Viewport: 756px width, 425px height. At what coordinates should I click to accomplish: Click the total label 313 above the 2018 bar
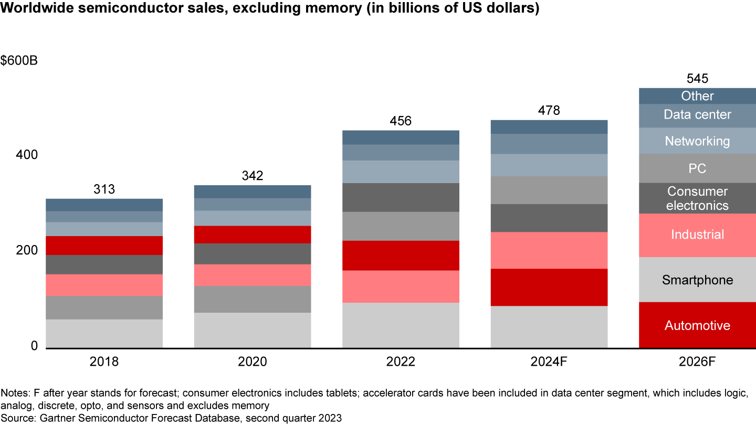point(104,189)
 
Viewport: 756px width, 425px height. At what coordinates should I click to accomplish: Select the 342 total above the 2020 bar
point(253,176)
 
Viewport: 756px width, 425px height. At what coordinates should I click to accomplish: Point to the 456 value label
point(401,121)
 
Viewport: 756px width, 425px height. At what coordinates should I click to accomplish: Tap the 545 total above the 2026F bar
point(697,79)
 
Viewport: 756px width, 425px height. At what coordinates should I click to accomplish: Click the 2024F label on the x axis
point(549,362)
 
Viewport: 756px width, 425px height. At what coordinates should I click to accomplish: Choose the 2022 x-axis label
point(401,362)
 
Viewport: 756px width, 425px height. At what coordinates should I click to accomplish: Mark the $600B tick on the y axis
point(19,60)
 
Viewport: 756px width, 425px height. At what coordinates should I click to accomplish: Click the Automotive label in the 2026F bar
point(697,325)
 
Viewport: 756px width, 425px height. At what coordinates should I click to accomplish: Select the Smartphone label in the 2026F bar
point(697,280)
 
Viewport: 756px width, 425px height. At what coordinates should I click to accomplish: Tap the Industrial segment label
point(697,235)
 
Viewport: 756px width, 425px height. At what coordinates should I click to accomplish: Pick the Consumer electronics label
point(697,198)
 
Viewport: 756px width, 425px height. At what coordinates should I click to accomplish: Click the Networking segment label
point(697,141)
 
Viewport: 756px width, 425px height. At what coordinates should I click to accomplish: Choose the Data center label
point(697,114)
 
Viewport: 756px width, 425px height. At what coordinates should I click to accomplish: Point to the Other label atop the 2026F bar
point(697,96)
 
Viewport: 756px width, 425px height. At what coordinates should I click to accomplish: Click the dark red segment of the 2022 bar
point(401,256)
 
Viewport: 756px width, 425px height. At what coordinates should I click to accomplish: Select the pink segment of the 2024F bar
point(549,250)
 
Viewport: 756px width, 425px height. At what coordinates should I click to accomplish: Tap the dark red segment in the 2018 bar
point(104,246)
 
